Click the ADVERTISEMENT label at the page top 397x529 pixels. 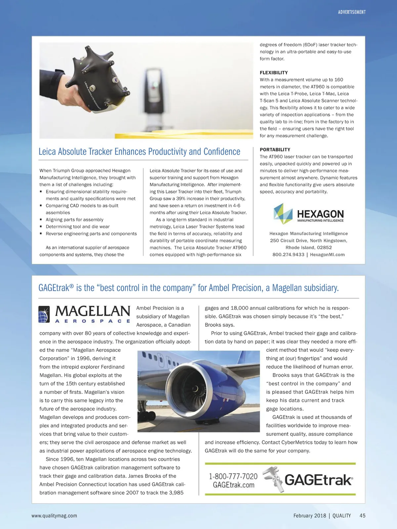[x=352, y=12]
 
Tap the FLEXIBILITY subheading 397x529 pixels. [x=274, y=73]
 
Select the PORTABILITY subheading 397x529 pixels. [x=275, y=150]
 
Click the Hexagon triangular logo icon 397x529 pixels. [x=283, y=213]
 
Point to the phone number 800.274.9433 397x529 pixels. [x=288, y=255]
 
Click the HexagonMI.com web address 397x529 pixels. [x=327, y=255]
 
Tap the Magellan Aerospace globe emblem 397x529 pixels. [x=44, y=314]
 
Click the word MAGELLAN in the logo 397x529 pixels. [x=93, y=311]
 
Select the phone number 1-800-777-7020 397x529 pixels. [x=233, y=476]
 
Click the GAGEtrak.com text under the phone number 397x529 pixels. [x=234, y=485]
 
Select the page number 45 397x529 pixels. [x=362, y=516]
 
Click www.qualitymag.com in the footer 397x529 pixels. [x=54, y=516]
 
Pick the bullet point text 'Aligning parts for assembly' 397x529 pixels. [x=74, y=220]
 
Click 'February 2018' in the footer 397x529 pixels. [x=309, y=516]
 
